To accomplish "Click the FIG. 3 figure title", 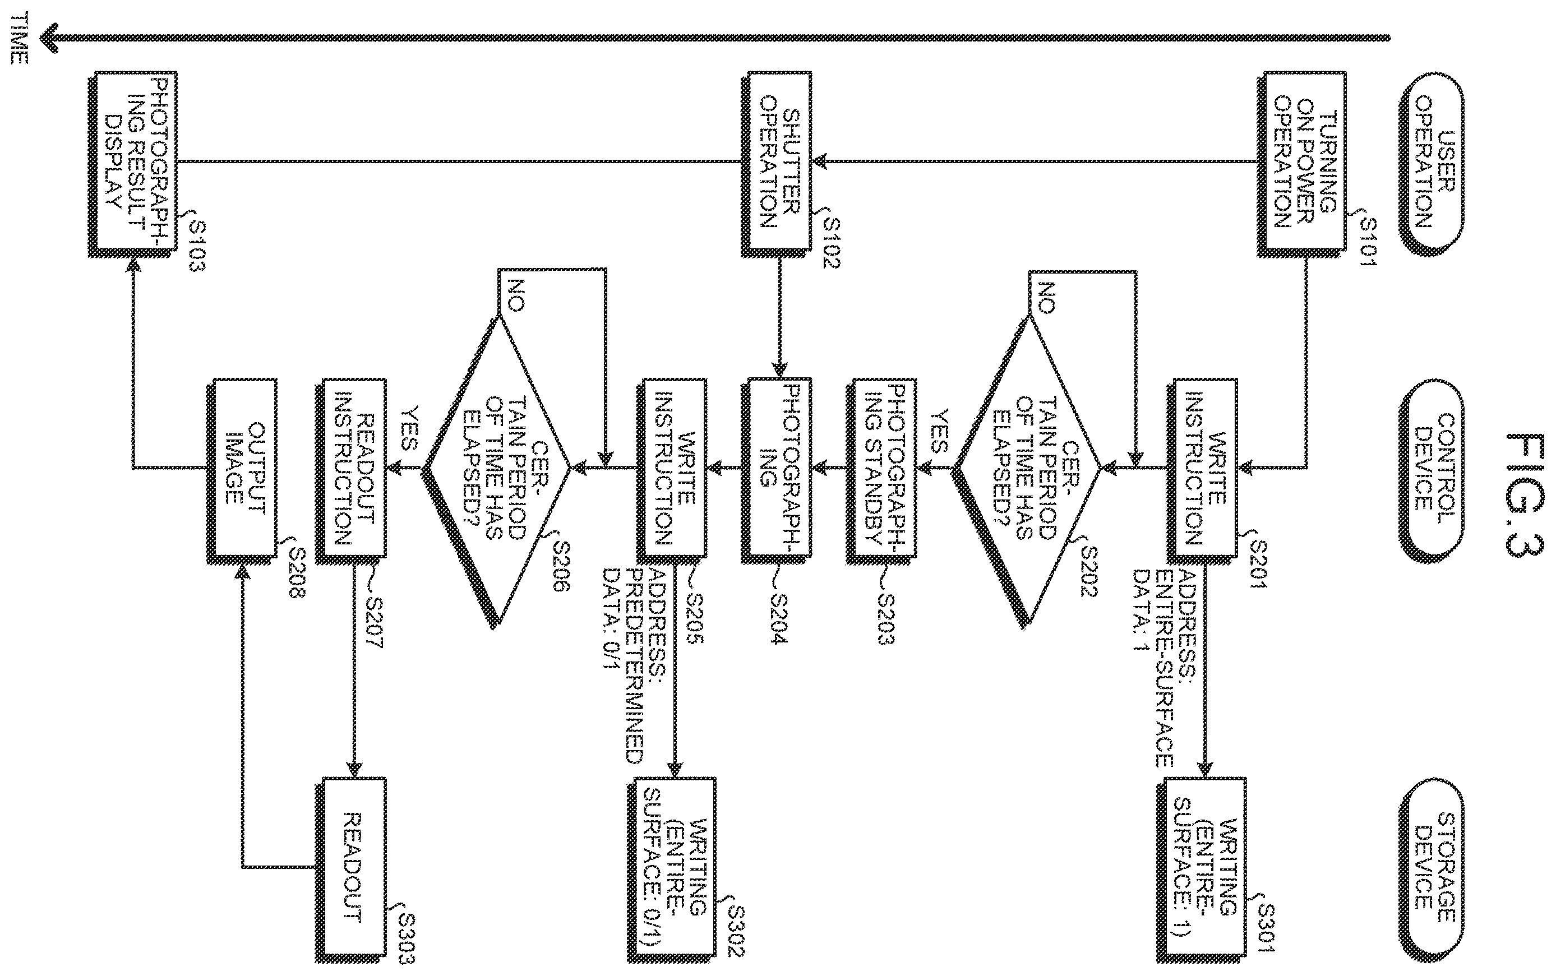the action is (1525, 494).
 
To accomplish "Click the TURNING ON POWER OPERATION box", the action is (1301, 164).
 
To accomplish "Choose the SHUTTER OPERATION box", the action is (775, 164).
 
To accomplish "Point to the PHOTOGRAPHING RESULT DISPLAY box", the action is (132, 164).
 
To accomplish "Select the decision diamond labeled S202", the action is (1028, 470).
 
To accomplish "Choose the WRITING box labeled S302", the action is (672, 869).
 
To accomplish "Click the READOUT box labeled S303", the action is (351, 869).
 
